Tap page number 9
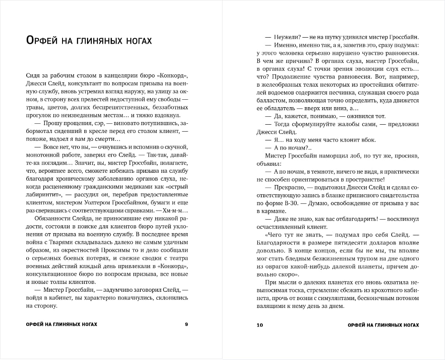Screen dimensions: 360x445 point(187,325)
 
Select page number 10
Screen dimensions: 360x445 point(260,325)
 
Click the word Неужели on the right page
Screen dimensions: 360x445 point(284,37)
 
